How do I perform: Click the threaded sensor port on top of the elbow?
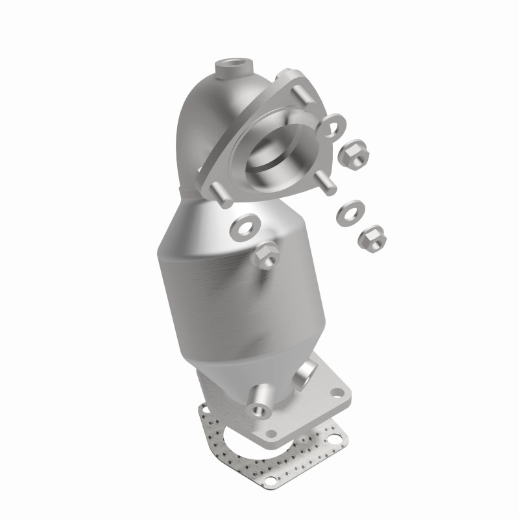[x=232, y=67]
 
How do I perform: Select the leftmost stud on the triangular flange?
[x=221, y=195]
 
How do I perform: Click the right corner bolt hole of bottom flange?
[x=337, y=393]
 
